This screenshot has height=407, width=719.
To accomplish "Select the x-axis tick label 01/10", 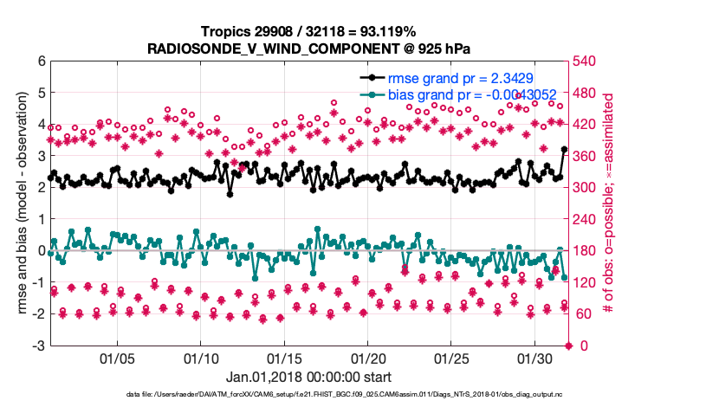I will coord(200,358).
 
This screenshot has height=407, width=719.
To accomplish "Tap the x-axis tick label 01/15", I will coord(284,358).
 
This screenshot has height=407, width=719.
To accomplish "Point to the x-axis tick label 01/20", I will coord(367,358).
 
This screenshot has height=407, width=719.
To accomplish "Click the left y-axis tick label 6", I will coord(40,61).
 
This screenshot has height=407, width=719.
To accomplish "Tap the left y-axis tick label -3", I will coord(37,346).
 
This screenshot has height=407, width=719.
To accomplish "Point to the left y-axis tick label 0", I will coord(40,251).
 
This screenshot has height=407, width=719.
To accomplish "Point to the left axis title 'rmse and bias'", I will coord(20,203).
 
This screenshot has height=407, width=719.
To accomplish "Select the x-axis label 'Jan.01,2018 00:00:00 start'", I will coord(308,377).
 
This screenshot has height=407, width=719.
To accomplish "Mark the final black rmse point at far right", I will coord(564,150).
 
